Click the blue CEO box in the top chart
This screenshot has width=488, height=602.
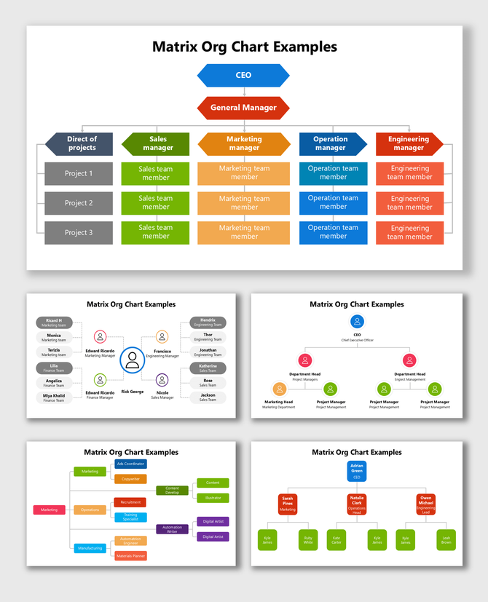pyautogui.click(x=243, y=75)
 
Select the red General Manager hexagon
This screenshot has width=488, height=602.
pyautogui.click(x=243, y=108)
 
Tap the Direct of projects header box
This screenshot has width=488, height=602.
pyautogui.click(x=79, y=143)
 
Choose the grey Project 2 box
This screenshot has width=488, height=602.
pyautogui.click(x=79, y=203)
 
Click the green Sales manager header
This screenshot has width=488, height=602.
pyautogui.click(x=156, y=143)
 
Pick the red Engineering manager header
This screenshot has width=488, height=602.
pyautogui.click(x=409, y=143)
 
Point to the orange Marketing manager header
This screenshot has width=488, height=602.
pyautogui.click(x=244, y=143)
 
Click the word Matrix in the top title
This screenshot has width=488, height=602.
pyautogui.click(x=176, y=47)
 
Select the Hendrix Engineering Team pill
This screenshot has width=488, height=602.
pyautogui.click(x=208, y=322)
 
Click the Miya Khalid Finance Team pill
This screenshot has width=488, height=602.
pyautogui.click(x=54, y=397)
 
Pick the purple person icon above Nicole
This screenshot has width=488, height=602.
pyautogui.click(x=162, y=379)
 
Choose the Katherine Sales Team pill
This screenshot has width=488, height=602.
pyautogui.click(x=208, y=368)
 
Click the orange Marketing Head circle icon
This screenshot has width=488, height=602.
pyautogui.click(x=279, y=389)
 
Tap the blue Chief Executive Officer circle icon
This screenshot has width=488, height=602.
pyautogui.click(x=357, y=321)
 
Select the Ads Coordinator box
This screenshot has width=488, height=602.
pyautogui.click(x=130, y=464)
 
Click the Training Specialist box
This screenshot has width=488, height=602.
pyautogui.click(x=130, y=517)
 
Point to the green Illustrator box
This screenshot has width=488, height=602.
pyautogui.click(x=213, y=498)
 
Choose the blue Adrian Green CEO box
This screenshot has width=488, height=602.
pyautogui.click(x=357, y=471)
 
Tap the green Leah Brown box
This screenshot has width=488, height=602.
pyautogui.click(x=446, y=539)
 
